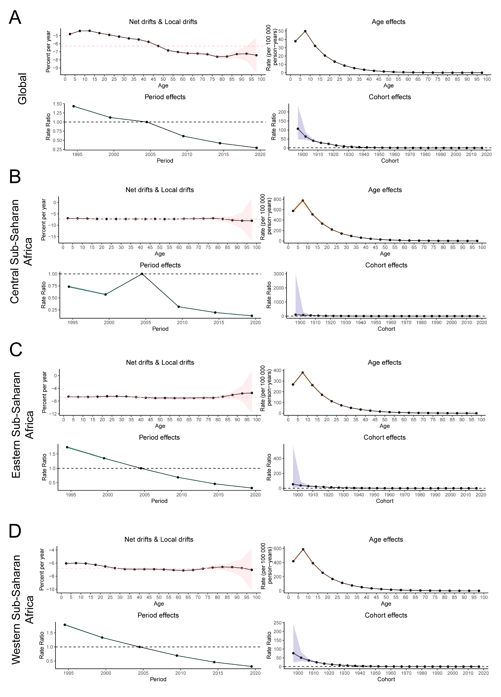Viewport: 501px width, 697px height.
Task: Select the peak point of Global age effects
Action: click(305, 31)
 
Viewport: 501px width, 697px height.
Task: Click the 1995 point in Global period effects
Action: click(73, 106)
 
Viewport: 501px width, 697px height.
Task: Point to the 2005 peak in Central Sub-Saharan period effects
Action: click(142, 274)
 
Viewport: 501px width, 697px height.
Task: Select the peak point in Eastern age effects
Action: click(303, 372)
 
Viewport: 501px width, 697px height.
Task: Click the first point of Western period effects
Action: click(65, 625)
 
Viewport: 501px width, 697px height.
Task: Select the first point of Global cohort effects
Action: click(298, 129)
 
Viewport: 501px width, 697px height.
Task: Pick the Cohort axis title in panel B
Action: click(386, 329)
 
